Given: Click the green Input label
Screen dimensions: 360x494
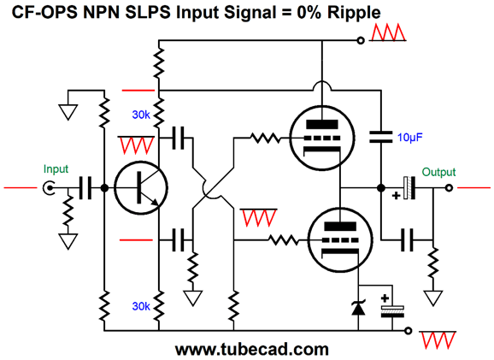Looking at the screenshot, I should click(56, 170).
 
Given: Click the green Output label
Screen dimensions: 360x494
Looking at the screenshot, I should click(438, 172).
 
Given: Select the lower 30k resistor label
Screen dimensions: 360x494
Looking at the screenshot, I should click(142, 305).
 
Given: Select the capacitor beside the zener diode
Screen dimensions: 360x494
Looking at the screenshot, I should click(392, 309).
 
